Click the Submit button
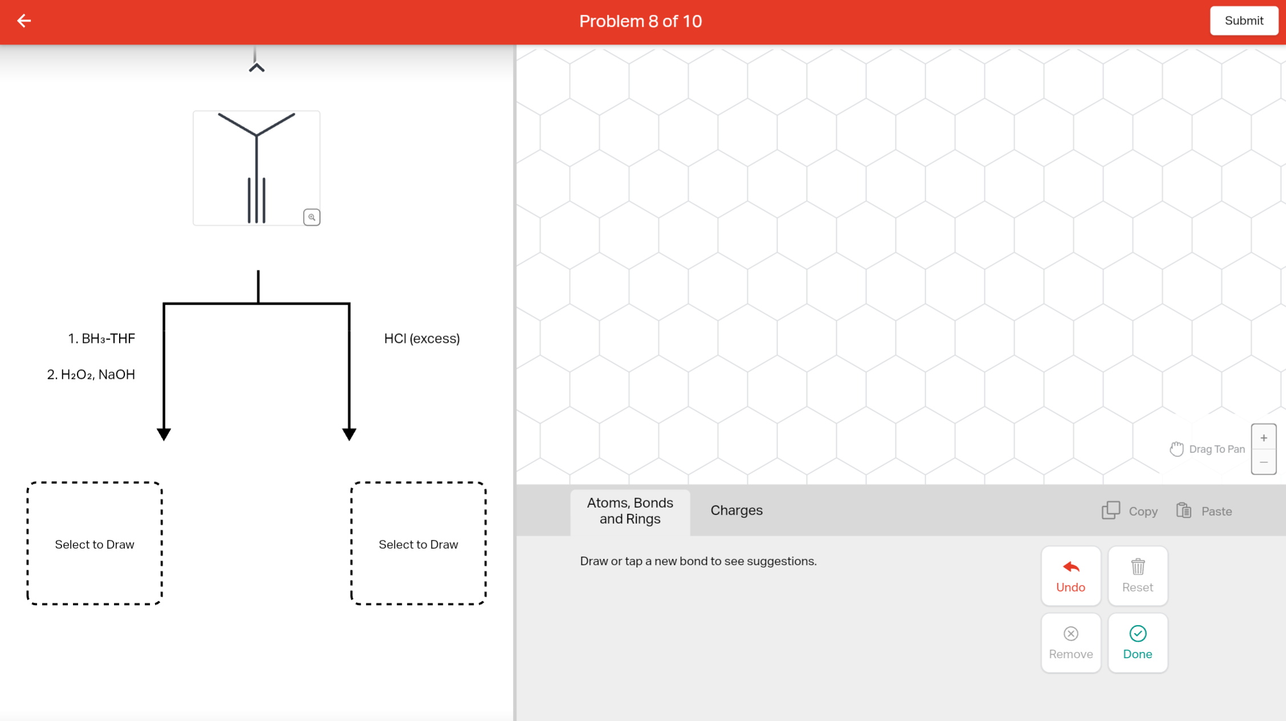point(1243,21)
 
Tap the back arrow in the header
point(24,21)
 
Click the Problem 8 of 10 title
point(640,21)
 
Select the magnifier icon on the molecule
point(311,217)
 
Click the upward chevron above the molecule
point(257,67)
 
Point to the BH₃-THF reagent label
point(102,339)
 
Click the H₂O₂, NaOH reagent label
point(91,375)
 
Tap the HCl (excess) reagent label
point(422,339)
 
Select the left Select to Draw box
point(95,544)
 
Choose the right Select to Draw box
point(418,544)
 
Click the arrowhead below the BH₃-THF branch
point(164,434)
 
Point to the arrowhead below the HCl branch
point(349,434)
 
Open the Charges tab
point(736,511)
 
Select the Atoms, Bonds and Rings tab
point(630,511)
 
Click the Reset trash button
point(1137,576)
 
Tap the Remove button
point(1071,643)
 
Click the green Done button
point(1137,643)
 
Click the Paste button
point(1204,511)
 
